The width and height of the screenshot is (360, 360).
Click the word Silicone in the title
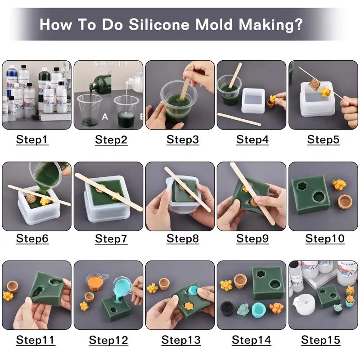pyautogui.click(x=159, y=24)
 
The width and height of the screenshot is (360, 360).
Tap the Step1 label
pyautogui.click(x=32, y=139)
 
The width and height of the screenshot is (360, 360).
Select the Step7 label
pyautogui.click(x=111, y=239)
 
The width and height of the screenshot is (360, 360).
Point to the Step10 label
pyautogui.click(x=325, y=239)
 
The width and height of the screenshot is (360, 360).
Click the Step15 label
pyautogui.click(x=320, y=340)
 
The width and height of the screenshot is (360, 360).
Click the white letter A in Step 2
pyautogui.click(x=105, y=117)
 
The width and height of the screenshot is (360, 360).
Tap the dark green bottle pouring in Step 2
pyautogui.click(x=101, y=83)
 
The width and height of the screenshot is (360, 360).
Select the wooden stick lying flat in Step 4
pyautogui.click(x=239, y=119)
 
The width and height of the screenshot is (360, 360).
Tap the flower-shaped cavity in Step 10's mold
pyautogui.click(x=301, y=186)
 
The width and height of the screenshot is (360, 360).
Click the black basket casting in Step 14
pyautogui.click(x=227, y=309)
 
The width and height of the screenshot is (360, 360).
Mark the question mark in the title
pyautogui.click(x=298, y=24)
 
